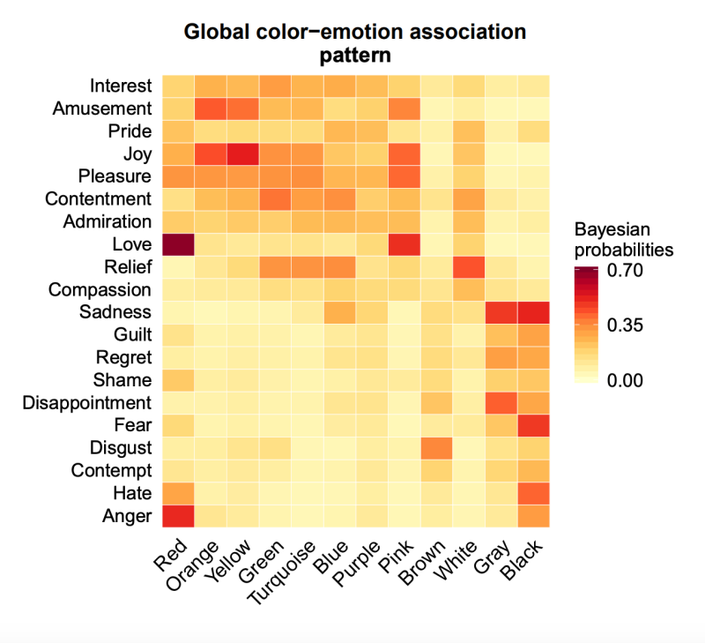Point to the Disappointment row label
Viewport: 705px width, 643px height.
click(88, 402)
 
